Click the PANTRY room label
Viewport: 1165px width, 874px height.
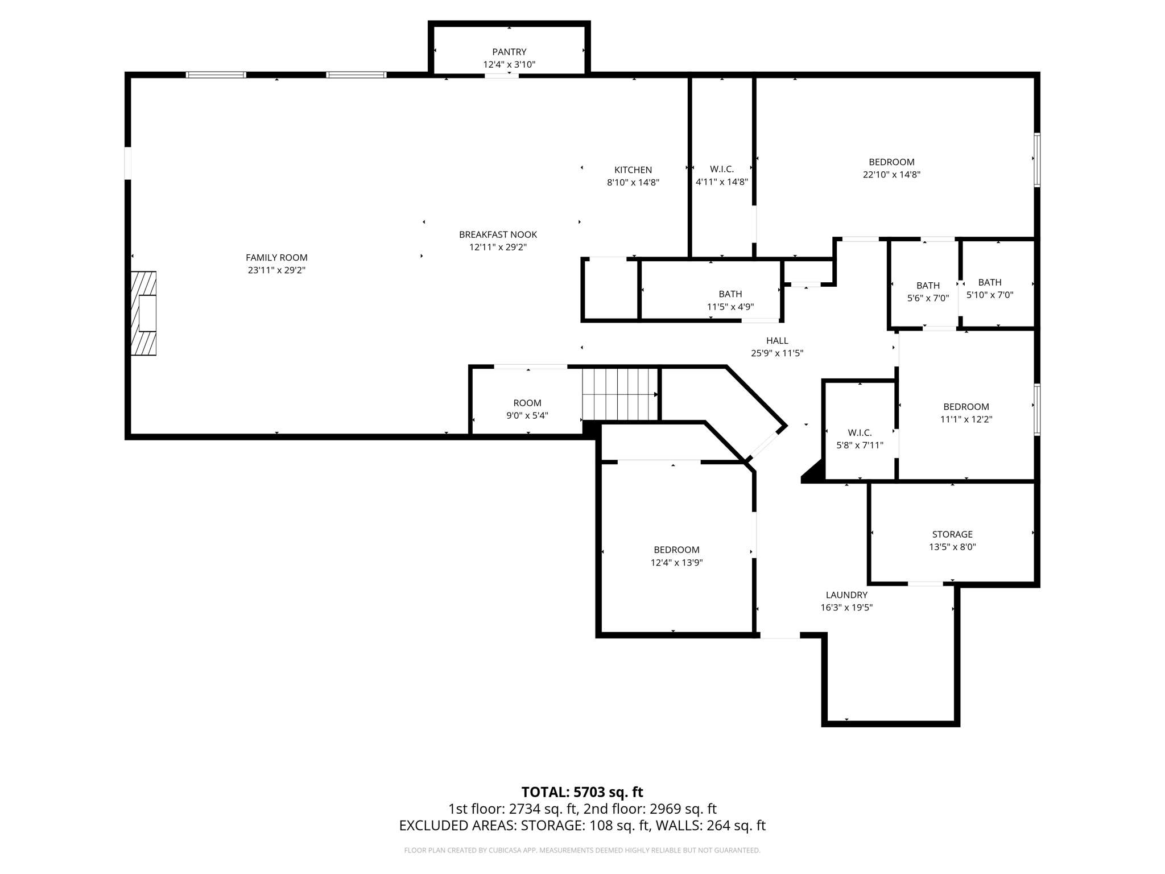click(509, 52)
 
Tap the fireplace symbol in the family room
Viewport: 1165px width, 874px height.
click(144, 314)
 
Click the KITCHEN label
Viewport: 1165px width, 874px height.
click(633, 170)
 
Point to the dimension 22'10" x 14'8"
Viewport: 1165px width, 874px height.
click(891, 175)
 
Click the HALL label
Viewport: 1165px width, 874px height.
click(777, 340)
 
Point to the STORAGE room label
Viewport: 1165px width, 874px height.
click(952, 534)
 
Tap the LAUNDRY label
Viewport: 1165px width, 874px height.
click(846, 595)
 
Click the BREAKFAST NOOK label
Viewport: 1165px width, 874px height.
click(498, 234)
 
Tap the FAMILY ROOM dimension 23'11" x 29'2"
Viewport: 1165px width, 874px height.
click(276, 270)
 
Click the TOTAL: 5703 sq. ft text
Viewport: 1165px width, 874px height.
click(582, 791)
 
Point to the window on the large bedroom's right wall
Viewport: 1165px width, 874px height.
click(1037, 160)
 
